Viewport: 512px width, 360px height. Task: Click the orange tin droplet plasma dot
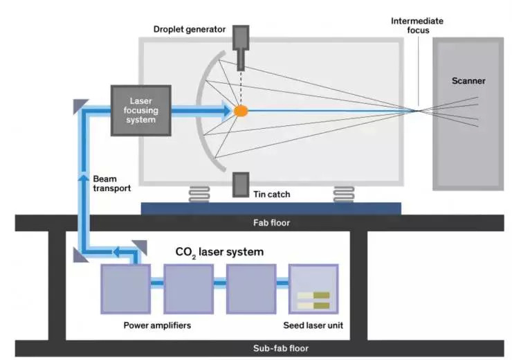tap(240, 110)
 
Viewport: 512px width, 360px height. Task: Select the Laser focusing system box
tap(141, 110)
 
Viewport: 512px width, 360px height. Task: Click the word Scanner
tap(468, 81)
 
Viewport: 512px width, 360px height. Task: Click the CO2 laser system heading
tap(219, 251)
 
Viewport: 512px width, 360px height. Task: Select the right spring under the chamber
tap(344, 194)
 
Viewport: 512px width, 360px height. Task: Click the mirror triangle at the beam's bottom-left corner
tap(77, 255)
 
